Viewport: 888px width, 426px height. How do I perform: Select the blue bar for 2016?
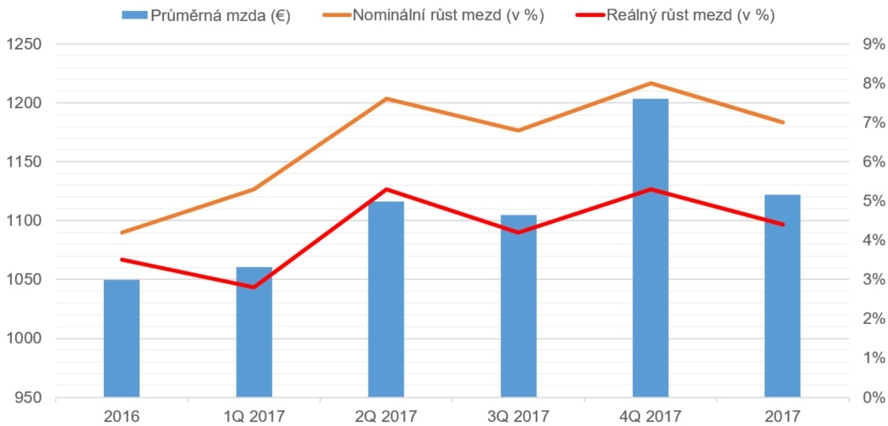[x=122, y=338]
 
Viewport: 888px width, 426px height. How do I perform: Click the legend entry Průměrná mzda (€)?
[x=206, y=15]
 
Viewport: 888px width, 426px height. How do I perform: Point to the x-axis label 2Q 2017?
[x=386, y=415]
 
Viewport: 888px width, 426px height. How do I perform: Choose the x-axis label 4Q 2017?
[x=650, y=415]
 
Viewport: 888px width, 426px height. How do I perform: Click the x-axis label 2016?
[x=122, y=415]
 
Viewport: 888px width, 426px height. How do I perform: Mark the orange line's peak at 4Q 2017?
[x=650, y=83]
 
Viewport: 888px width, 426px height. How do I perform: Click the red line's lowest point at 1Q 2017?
[x=254, y=287]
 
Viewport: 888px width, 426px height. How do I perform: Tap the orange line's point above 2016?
[x=122, y=232]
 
